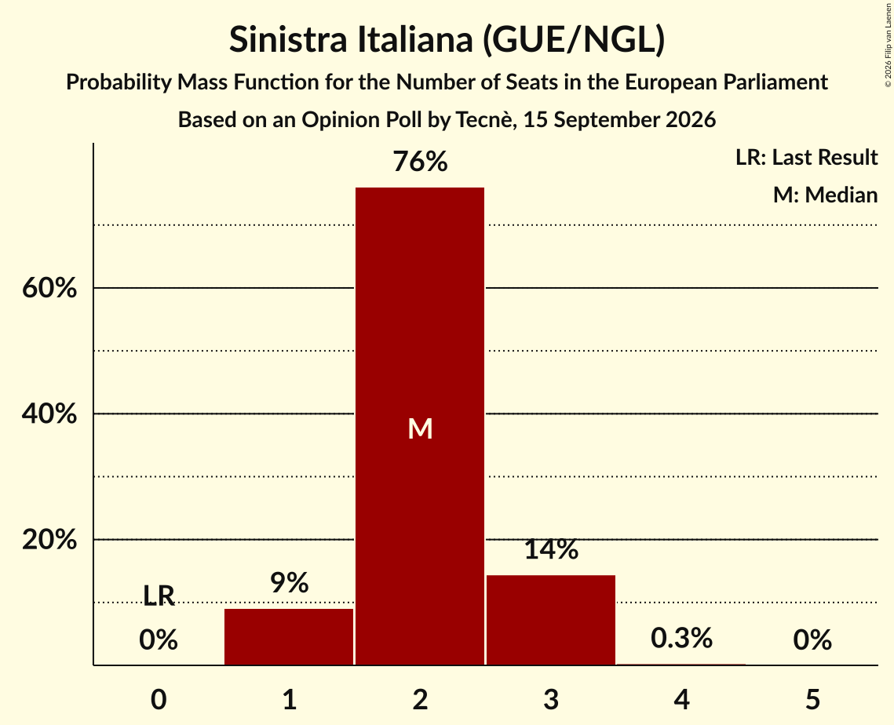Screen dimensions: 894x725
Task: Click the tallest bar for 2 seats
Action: click(420, 426)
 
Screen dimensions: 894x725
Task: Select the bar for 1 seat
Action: click(289, 636)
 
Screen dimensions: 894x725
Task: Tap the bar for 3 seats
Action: click(551, 620)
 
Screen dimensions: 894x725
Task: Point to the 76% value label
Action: click(420, 162)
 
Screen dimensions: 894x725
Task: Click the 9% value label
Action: click(289, 582)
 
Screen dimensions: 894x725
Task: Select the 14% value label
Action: click(551, 549)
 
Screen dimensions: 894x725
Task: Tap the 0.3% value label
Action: click(681, 638)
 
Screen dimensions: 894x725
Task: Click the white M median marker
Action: click(420, 428)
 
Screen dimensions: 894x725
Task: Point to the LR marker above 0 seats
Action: click(159, 596)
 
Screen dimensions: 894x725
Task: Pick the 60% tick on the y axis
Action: click(49, 288)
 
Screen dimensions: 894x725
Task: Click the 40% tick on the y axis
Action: click(49, 414)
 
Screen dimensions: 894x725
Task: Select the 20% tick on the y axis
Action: click(49, 539)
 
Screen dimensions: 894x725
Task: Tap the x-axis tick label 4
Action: click(682, 699)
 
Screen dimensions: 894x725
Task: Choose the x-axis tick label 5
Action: click(812, 699)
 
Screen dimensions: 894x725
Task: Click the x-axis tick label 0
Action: click(159, 699)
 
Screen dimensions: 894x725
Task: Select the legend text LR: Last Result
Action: click(806, 157)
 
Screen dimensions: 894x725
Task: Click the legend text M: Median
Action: click(825, 195)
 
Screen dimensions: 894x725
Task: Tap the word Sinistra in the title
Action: click(288, 39)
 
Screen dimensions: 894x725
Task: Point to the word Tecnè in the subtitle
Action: click(484, 120)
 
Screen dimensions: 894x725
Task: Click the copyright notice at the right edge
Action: click(888, 45)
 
